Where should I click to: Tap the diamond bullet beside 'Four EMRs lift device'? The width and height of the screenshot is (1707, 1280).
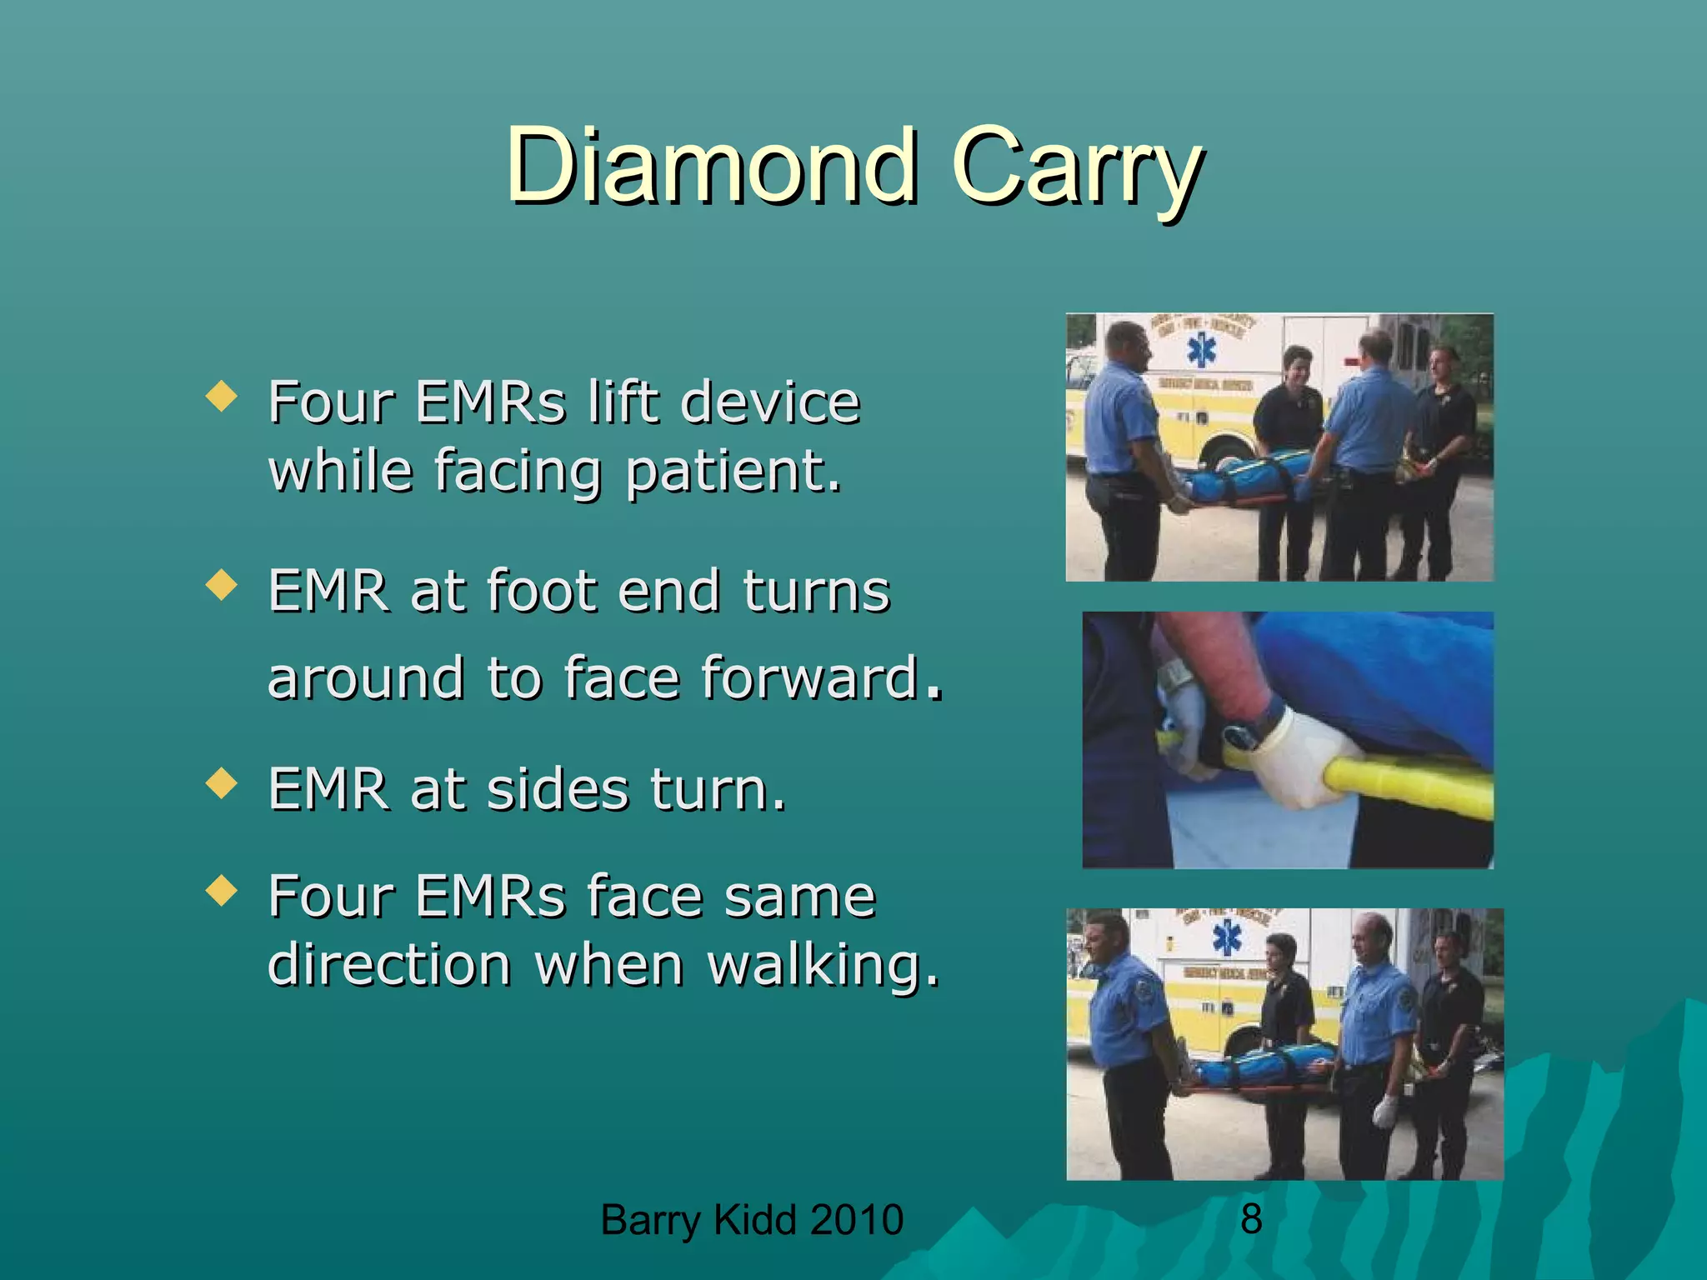point(221,396)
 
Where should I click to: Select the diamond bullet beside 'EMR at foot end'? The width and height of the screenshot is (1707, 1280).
point(221,585)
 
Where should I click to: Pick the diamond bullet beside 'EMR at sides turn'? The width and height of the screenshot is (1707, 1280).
point(221,783)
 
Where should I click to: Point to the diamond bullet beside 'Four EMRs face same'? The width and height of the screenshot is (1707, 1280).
point(221,890)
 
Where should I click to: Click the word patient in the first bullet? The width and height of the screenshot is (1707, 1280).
point(733,472)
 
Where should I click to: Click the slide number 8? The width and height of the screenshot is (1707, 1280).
point(1250,1219)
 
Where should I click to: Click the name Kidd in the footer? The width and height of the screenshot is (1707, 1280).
point(757,1220)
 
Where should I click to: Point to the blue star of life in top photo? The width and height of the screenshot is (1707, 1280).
point(1202,350)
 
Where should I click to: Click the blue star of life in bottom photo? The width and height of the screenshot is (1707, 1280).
point(1227,938)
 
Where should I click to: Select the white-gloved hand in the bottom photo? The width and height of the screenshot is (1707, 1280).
point(1384,1111)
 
